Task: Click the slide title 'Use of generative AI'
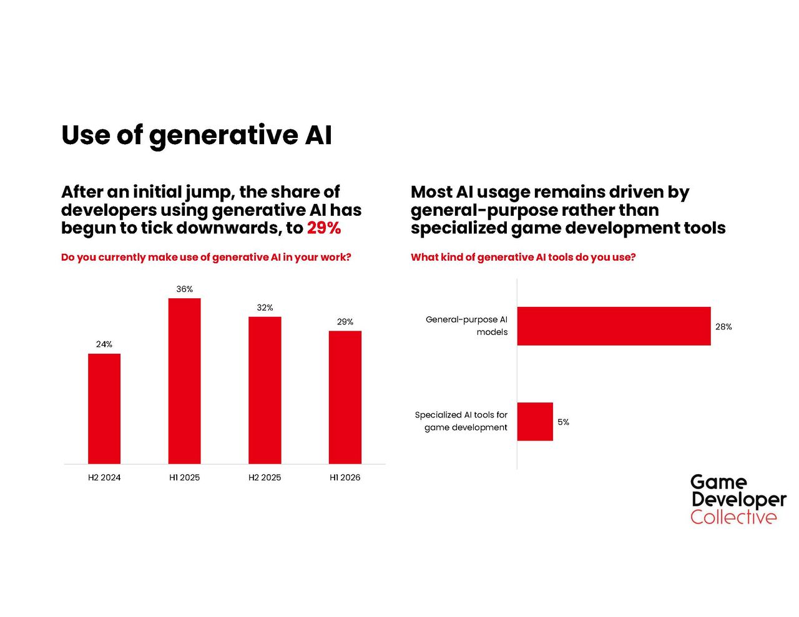[x=196, y=135]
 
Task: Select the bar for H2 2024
[x=104, y=409]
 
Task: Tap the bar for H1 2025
[x=184, y=381]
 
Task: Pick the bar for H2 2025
[x=265, y=390]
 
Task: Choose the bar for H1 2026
[x=345, y=397]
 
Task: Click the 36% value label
[x=184, y=289]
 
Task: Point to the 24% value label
[x=104, y=344]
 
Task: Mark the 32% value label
[x=265, y=308]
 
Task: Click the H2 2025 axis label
[x=265, y=477]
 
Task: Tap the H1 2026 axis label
[x=345, y=477]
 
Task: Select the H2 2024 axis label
[x=104, y=477]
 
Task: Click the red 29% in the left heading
[x=324, y=228]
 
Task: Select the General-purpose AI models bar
[x=614, y=326]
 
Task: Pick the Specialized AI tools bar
[x=535, y=422]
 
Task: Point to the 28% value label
[x=723, y=327]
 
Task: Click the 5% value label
[x=563, y=422]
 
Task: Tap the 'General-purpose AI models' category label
[x=466, y=326]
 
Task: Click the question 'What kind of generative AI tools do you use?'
[x=523, y=257]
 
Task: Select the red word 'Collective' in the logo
[x=733, y=517]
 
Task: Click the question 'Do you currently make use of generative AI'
[x=206, y=257]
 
